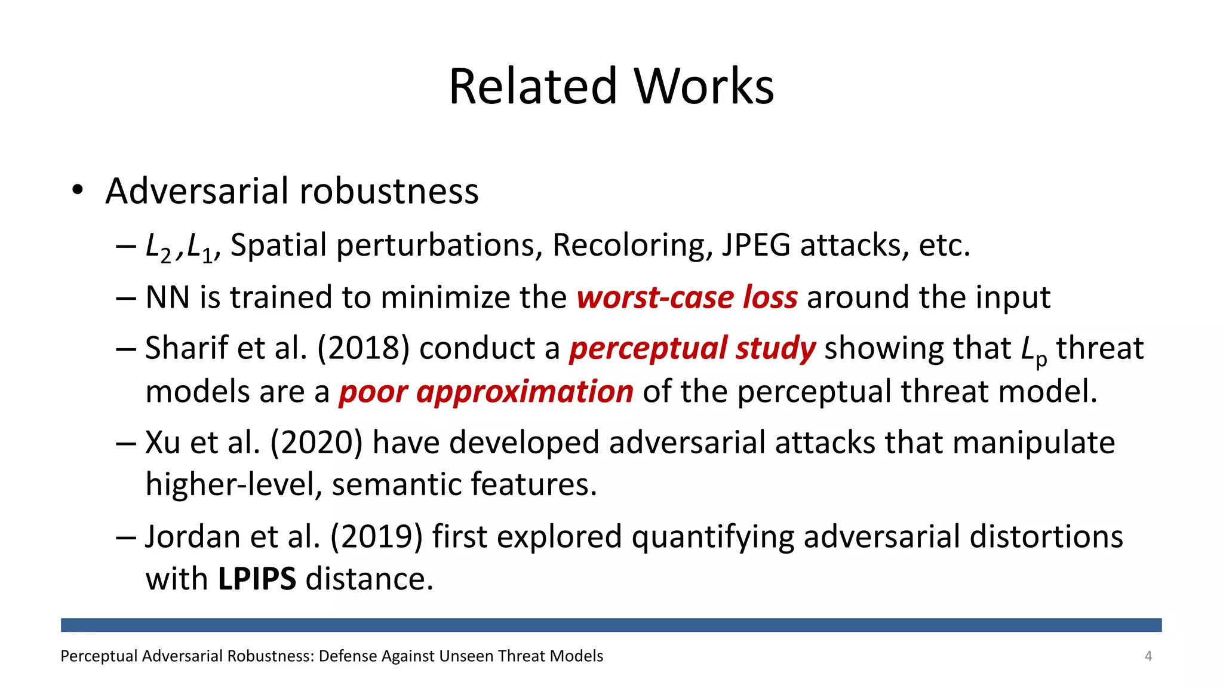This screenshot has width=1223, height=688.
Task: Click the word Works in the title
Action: point(704,87)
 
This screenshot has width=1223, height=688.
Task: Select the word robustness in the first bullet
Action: point(389,191)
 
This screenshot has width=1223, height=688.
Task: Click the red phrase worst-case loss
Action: point(687,297)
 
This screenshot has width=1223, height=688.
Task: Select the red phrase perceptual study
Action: point(692,348)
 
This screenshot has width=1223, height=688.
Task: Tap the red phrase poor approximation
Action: point(486,392)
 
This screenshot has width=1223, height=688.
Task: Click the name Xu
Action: point(162,443)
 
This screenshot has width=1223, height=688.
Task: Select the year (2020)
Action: point(316,443)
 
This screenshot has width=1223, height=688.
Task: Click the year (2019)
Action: point(376,536)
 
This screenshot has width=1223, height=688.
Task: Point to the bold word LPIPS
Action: point(257,579)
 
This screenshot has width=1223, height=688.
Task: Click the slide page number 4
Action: point(1148,656)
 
